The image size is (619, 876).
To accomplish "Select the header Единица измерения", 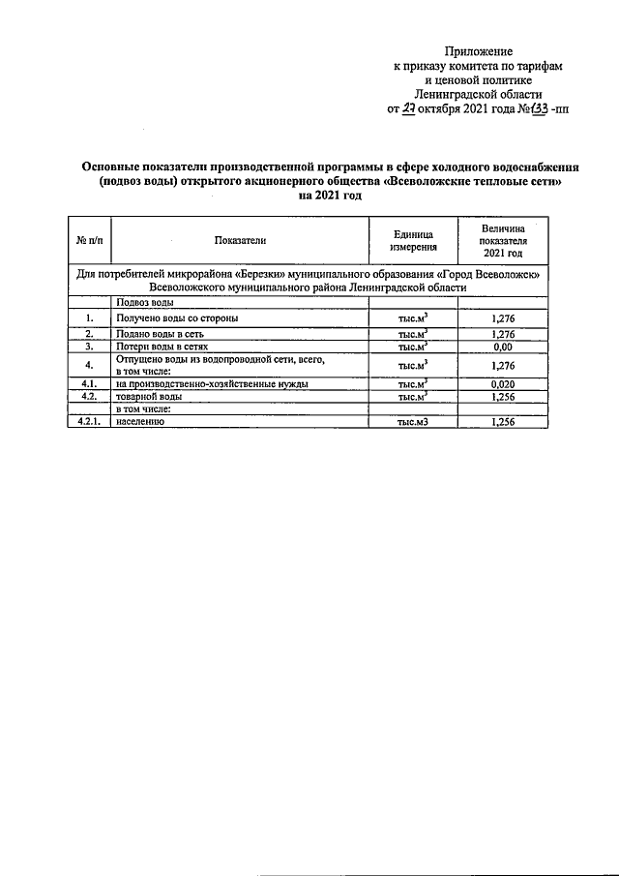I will [x=411, y=239].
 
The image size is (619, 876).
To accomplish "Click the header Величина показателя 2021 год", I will [x=502, y=239].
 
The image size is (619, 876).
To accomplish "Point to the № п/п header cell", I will [x=89, y=239].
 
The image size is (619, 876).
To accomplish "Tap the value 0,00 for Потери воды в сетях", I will [x=502, y=346].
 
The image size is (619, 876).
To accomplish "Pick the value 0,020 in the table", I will [x=502, y=384].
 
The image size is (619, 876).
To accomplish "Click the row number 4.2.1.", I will [x=89, y=422].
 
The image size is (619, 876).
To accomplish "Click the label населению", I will [x=141, y=422].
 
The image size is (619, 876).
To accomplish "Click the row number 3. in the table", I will [x=89, y=346].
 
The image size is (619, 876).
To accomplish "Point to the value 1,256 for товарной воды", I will [x=502, y=396].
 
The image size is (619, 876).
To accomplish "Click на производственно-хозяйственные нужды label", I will [x=212, y=384].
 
